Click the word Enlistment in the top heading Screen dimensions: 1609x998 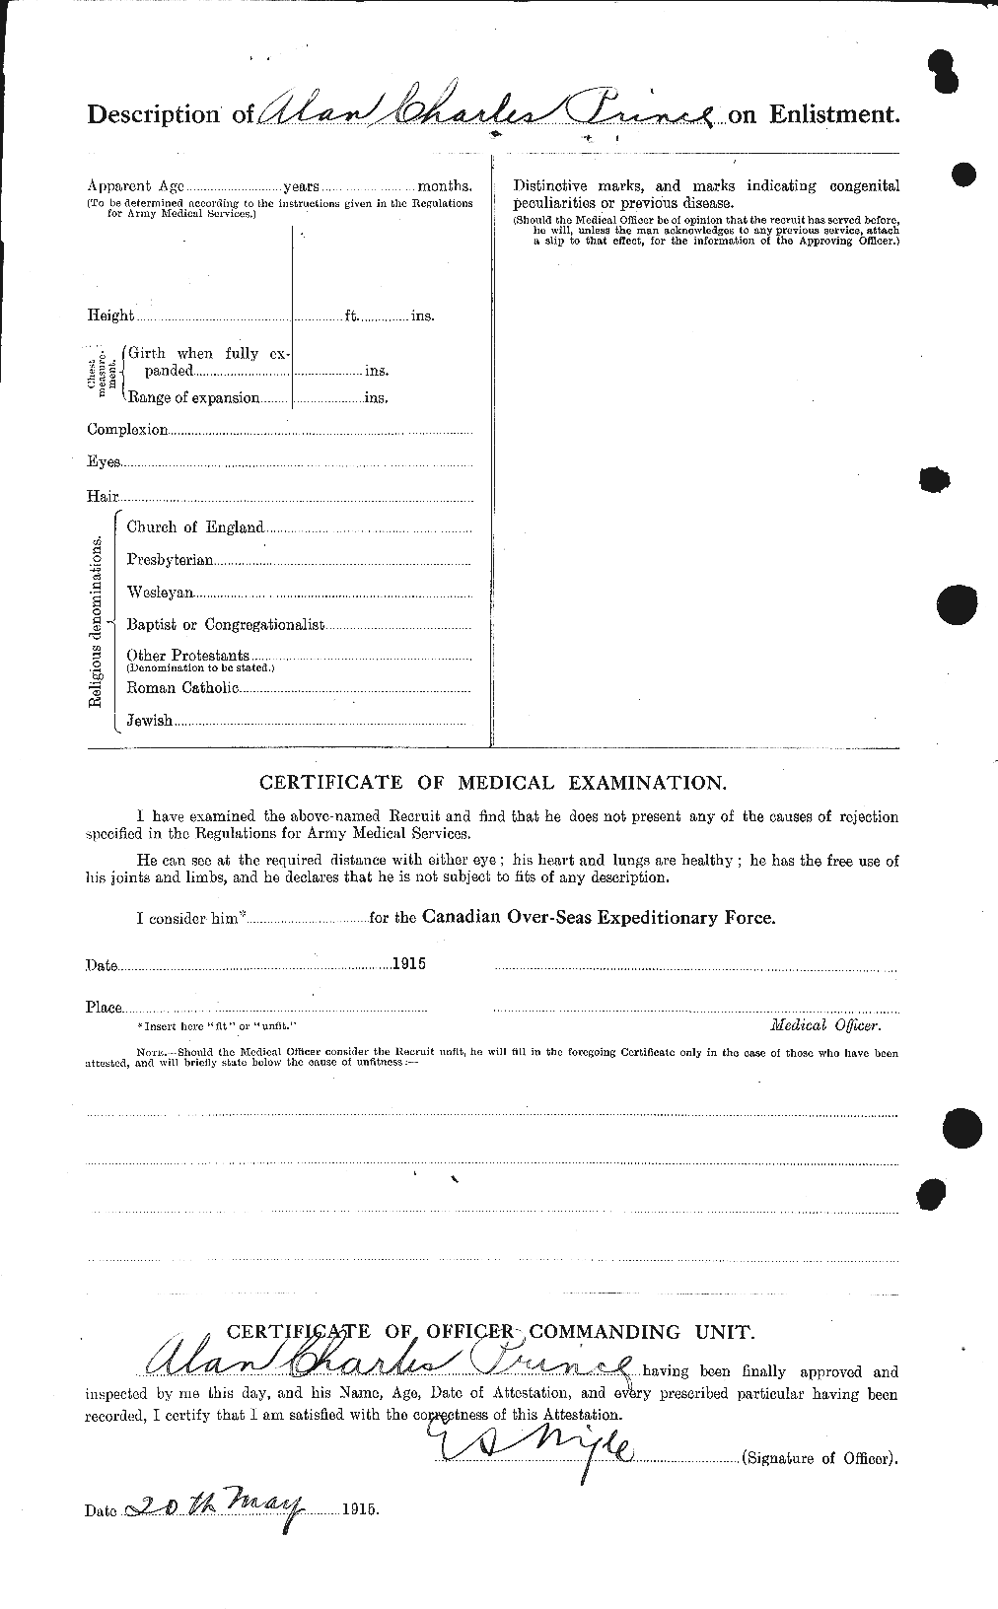pyautogui.click(x=832, y=113)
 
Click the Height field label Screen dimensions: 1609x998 pyautogui.click(x=110, y=315)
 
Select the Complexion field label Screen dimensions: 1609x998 pyautogui.click(x=127, y=430)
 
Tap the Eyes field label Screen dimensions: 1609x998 pyautogui.click(x=104, y=461)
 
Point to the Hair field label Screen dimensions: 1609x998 pyautogui.click(x=103, y=496)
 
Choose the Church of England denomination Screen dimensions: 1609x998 pyautogui.click(x=195, y=527)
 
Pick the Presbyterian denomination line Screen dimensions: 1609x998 pyautogui.click(x=170, y=560)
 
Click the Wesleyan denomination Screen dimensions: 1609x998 pyautogui.click(x=160, y=594)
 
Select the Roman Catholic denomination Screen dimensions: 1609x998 pyautogui.click(x=182, y=687)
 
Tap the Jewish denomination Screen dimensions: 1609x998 pyautogui.click(x=150, y=721)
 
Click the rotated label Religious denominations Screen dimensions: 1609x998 pyautogui.click(x=96, y=622)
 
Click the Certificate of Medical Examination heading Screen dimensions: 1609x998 pyautogui.click(x=492, y=783)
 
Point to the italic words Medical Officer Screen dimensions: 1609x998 pyautogui.click(x=824, y=1025)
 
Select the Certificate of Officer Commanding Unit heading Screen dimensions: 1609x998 pyautogui.click(x=490, y=1332)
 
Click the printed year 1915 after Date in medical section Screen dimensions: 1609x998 pyautogui.click(x=407, y=965)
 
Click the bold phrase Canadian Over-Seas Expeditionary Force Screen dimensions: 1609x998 pyautogui.click(x=599, y=917)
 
